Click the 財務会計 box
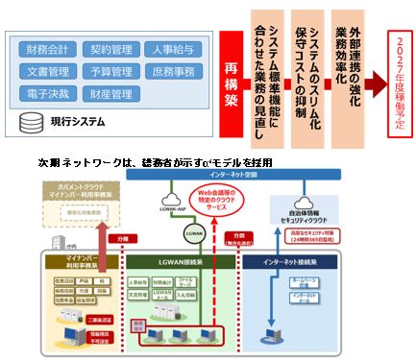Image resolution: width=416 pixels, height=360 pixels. pos(49,47)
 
